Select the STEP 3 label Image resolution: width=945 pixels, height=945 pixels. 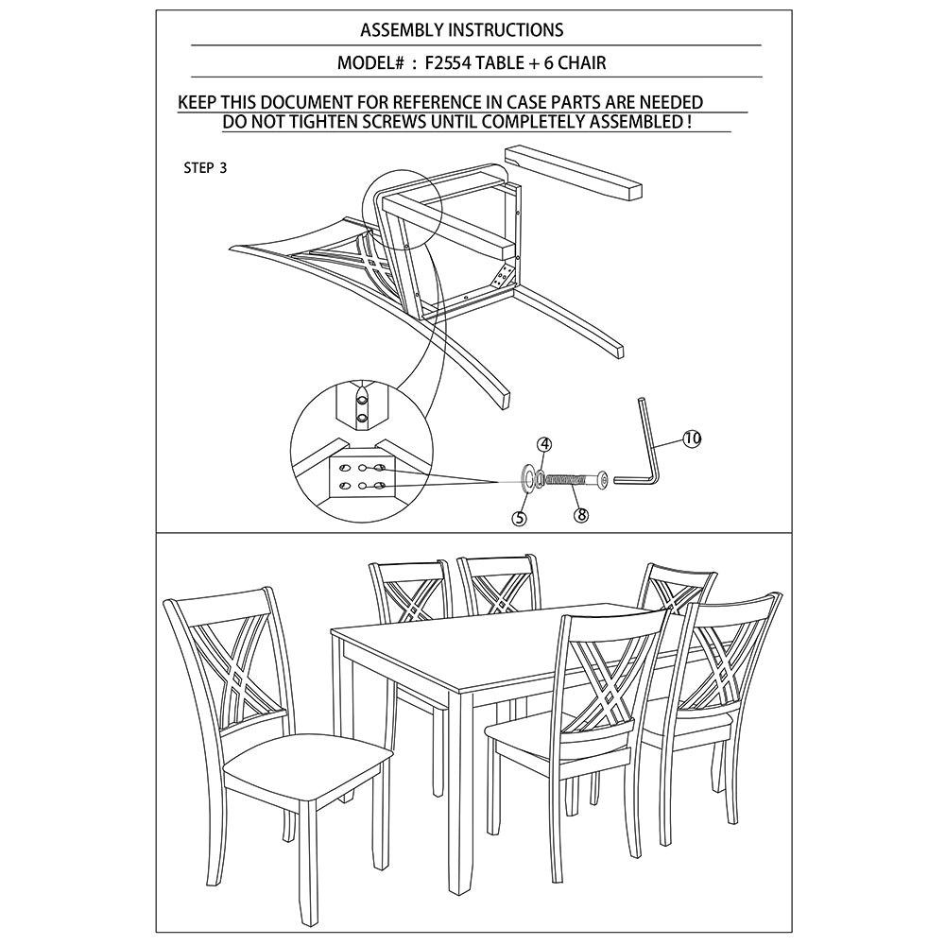point(205,169)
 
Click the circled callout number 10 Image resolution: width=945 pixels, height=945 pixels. point(692,438)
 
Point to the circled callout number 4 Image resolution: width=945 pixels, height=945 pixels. point(545,443)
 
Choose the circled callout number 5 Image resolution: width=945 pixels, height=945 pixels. point(519,518)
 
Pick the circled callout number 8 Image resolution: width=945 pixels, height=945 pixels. point(581,515)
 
